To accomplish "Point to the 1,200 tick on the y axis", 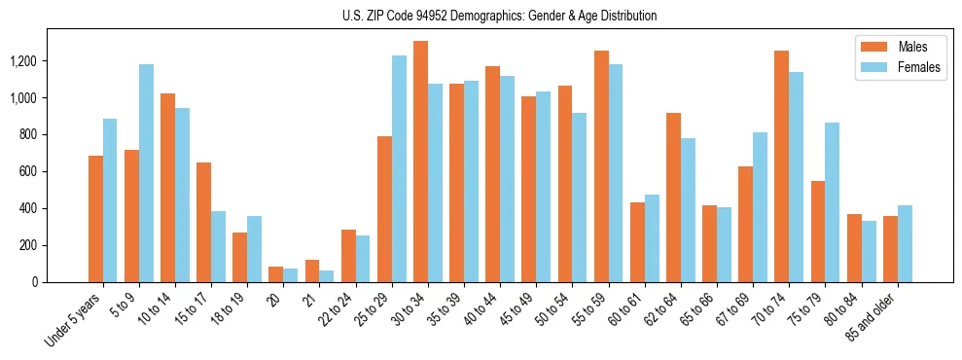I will tap(23, 61).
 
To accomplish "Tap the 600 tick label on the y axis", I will tap(28, 171).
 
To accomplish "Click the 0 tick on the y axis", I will tap(35, 282).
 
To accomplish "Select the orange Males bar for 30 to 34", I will tap(420, 162).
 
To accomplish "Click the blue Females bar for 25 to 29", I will tap(399, 168).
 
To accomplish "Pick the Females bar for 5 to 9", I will tap(146, 173).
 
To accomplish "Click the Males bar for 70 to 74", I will tap(781, 166).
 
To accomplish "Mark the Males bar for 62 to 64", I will tap(673, 198).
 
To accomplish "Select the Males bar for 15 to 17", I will tap(203, 222).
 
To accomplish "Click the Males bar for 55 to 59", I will tap(601, 166).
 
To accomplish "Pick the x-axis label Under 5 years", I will tap(74, 321).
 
